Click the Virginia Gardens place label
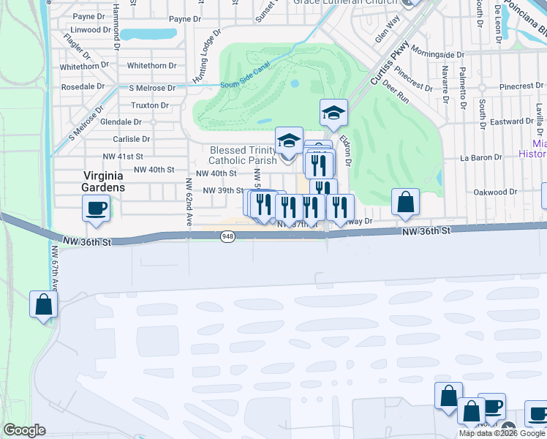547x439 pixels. click(x=103, y=181)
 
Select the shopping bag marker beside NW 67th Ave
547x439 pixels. click(x=44, y=304)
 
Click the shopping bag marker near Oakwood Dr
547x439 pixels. click(x=405, y=203)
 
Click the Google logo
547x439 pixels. click(x=24, y=430)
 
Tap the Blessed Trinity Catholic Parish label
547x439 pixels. click(x=242, y=154)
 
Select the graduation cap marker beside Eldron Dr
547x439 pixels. click(x=333, y=113)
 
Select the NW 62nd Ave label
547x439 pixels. click(x=188, y=210)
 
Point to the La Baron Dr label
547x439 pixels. click(x=478, y=157)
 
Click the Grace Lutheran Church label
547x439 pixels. click(x=342, y=3)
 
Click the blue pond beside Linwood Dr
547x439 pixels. click(x=148, y=34)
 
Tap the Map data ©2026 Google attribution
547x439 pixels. click(x=502, y=433)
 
